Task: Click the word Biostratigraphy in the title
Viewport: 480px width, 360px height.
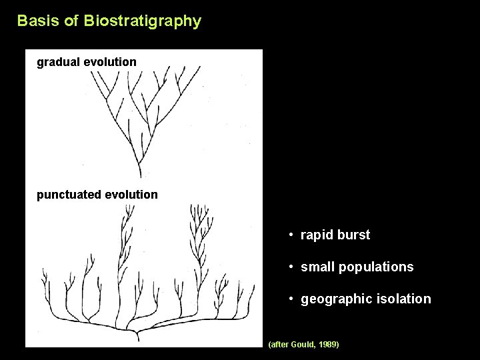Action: click(x=142, y=21)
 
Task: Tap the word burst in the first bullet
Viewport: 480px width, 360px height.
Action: click(x=355, y=235)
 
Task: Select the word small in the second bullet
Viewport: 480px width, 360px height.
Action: click(x=318, y=267)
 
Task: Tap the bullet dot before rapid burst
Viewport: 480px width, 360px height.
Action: click(x=292, y=235)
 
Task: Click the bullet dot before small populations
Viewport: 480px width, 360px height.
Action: click(x=292, y=267)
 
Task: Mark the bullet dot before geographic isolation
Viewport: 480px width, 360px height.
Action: click(x=292, y=299)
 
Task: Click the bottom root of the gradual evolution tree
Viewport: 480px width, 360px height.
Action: click(x=139, y=175)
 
